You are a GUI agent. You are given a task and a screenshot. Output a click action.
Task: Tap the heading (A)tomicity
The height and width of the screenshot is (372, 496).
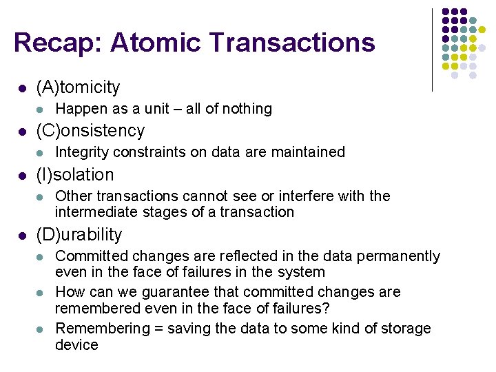tap(78, 87)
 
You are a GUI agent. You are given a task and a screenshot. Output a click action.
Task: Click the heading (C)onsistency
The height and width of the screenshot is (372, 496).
tap(90, 131)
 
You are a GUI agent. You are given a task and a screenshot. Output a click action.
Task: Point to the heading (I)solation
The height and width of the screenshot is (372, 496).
tap(74, 174)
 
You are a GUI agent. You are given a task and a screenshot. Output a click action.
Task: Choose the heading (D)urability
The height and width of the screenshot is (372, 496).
tap(79, 234)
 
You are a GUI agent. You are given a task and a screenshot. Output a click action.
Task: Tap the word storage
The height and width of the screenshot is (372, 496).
tap(406, 329)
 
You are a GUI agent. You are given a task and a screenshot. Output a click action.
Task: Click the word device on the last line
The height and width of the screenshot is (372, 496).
tap(76, 344)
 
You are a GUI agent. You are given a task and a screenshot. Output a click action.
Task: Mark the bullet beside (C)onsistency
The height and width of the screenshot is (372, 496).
tap(22, 132)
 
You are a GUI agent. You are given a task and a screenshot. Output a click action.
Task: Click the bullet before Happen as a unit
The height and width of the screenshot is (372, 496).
tap(41, 110)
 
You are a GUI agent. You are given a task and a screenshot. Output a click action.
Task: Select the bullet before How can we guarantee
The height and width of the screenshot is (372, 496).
tap(41, 293)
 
